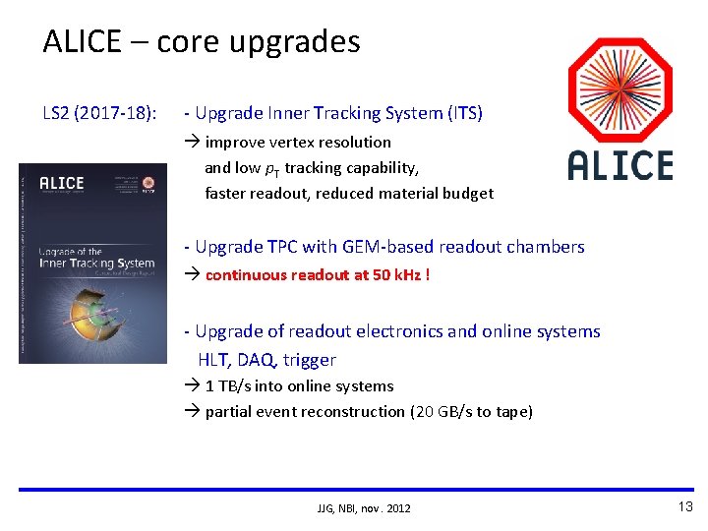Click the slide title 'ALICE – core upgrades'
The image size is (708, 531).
tap(202, 41)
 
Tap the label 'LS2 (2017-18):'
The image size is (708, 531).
tap(98, 113)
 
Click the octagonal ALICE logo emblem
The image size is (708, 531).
tap(620, 90)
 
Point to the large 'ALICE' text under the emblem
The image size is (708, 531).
tap(620, 166)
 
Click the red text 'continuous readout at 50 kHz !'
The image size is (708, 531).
tap(317, 274)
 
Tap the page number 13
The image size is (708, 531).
tap(684, 506)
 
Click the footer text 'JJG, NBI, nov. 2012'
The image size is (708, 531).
tap(364, 508)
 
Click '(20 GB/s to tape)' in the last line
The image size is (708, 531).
tap(470, 412)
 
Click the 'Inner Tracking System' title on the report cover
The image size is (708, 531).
tap(96, 263)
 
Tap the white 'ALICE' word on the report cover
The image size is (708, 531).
tap(62, 183)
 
